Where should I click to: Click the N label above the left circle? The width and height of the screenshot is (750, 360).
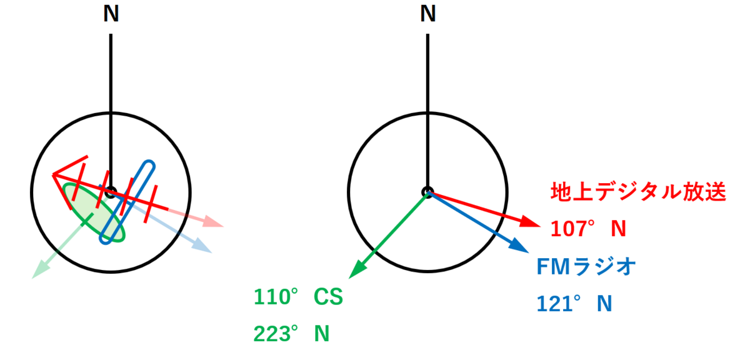[111, 15]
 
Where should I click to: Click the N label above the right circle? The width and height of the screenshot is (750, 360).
[428, 15]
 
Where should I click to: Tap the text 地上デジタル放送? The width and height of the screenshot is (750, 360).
[637, 192]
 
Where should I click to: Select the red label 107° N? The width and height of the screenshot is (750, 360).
[588, 229]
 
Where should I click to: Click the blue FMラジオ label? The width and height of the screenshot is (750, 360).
[586, 267]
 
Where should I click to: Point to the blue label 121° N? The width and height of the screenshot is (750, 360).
[574, 304]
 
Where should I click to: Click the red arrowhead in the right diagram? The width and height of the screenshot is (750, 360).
[530, 222]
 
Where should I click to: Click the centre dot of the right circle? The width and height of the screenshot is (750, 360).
[427, 192]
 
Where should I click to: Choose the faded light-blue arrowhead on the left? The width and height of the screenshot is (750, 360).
[203, 246]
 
